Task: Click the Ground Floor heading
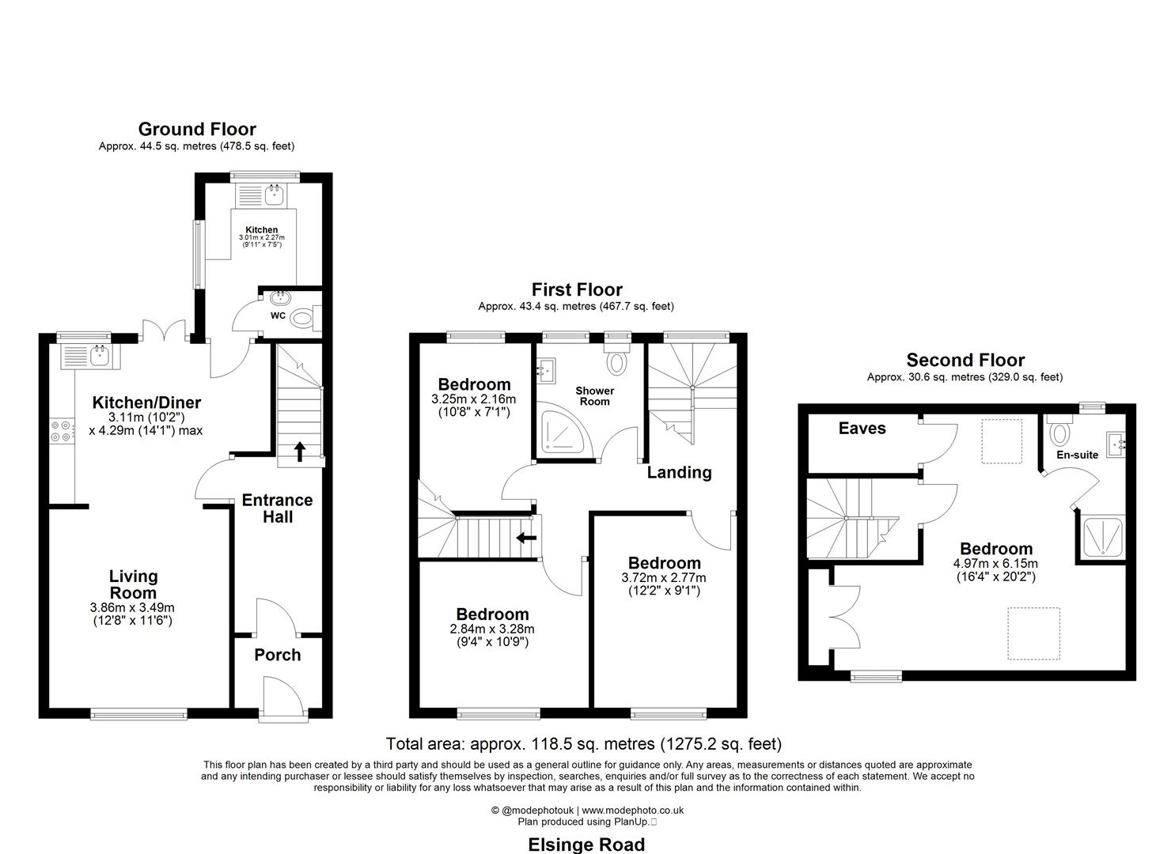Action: coord(197,129)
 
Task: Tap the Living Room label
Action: coord(133,584)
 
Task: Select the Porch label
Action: coord(277,655)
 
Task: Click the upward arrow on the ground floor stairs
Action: coord(300,452)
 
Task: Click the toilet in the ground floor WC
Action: coord(301,319)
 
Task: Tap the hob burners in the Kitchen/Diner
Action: coord(60,430)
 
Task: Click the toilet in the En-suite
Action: coord(1059,433)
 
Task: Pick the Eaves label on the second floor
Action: coord(862,428)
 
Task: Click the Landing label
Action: coord(679,472)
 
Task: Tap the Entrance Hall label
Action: coord(277,508)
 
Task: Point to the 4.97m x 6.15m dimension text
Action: coord(995,563)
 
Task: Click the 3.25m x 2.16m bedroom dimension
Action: coord(473,399)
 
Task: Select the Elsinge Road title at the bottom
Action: coord(586,845)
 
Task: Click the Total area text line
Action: coord(583,743)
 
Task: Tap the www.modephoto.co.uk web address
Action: coord(633,810)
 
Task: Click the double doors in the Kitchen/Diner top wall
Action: coord(164,331)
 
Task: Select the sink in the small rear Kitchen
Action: coord(275,195)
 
